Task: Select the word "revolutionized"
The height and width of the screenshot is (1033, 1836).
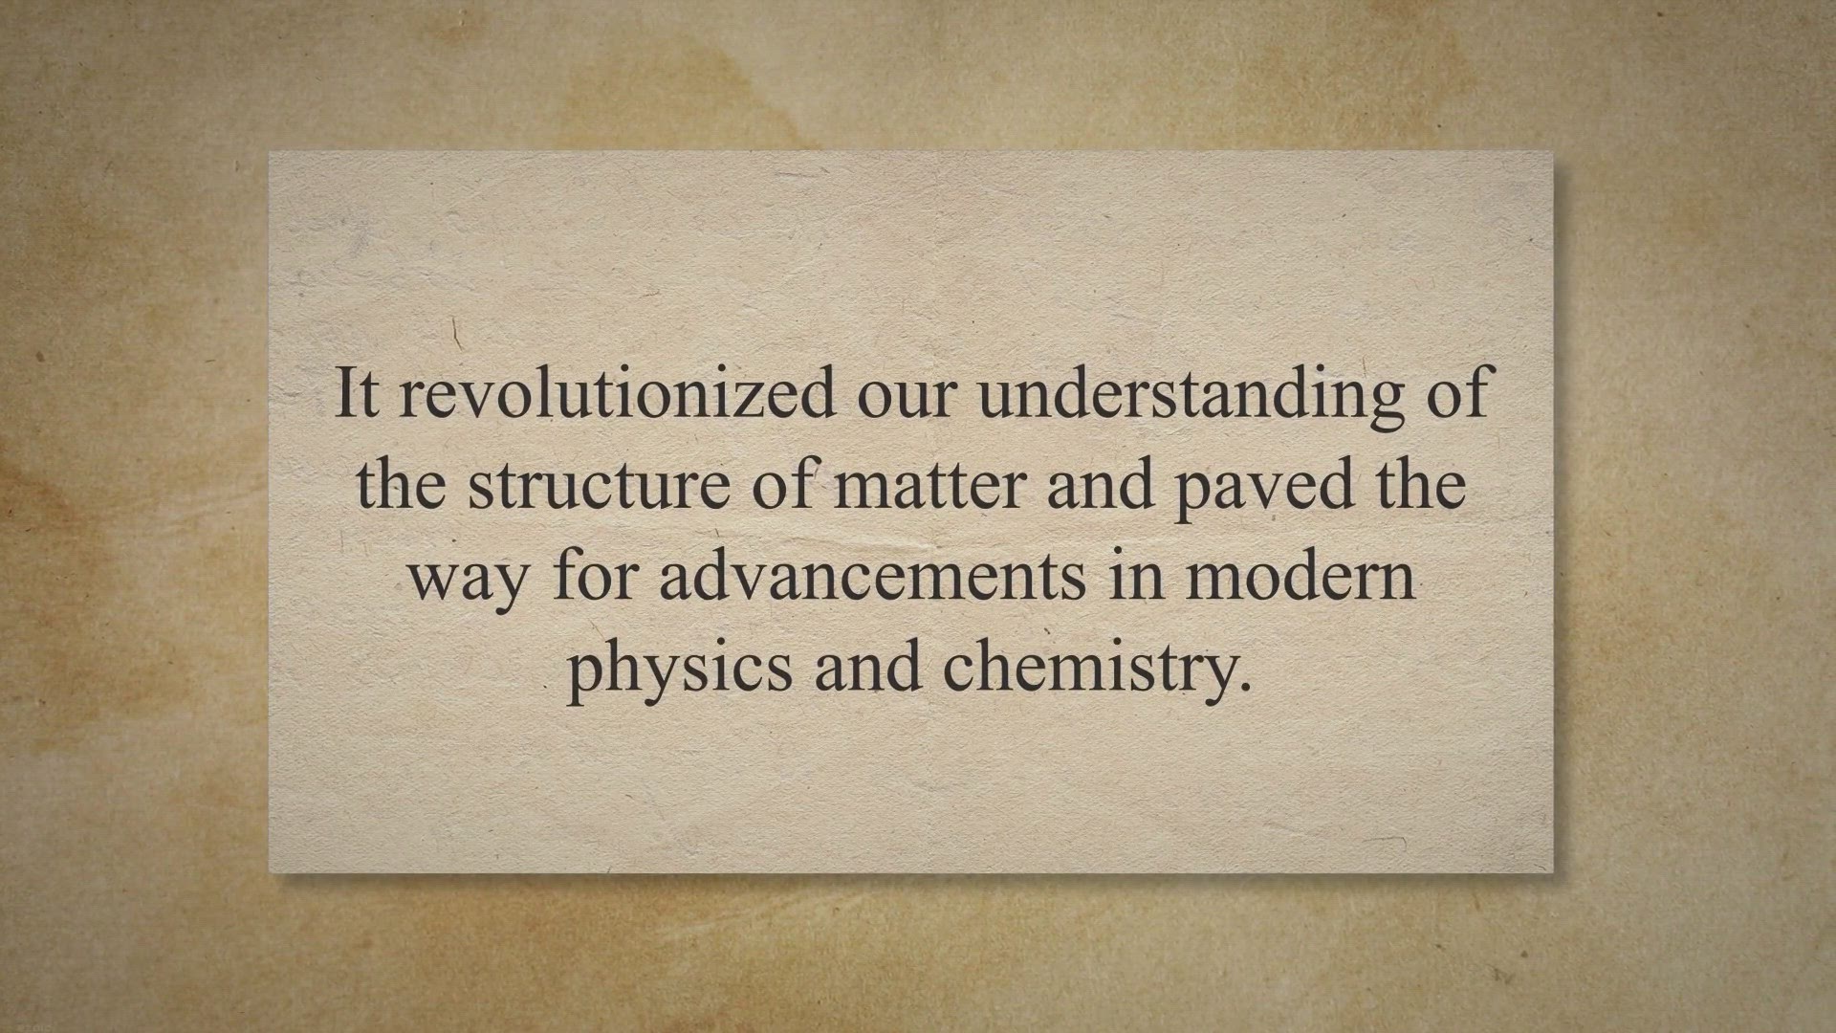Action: tap(617, 392)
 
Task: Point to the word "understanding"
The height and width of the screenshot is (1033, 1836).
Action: tap(1192, 398)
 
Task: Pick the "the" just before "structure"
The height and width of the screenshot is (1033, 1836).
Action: tap(401, 483)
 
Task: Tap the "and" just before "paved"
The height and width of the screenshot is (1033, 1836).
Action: tap(1100, 483)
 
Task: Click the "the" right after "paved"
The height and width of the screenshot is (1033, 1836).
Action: tap(1420, 483)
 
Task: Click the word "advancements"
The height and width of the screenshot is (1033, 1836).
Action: tap(873, 574)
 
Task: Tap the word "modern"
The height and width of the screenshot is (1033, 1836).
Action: tap(1300, 574)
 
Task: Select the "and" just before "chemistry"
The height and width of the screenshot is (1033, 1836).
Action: tap(868, 665)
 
